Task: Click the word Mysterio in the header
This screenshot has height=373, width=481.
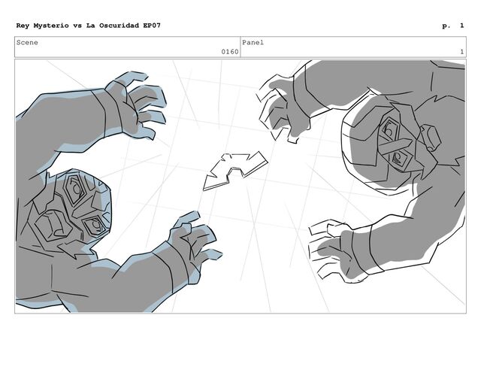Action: tap(51, 26)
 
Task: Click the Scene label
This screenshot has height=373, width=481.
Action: tap(27, 42)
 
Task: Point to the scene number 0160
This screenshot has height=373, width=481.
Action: tap(230, 52)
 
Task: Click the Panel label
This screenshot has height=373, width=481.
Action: tap(253, 42)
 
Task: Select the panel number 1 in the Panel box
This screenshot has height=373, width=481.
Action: tap(461, 52)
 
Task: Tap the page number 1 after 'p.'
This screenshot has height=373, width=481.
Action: tap(461, 26)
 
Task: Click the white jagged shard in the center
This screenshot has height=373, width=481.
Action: tap(234, 171)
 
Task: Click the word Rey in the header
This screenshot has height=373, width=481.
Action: tap(23, 26)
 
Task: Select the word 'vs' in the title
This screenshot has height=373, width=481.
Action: tap(77, 26)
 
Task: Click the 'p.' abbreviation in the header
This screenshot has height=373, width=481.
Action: tap(446, 26)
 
